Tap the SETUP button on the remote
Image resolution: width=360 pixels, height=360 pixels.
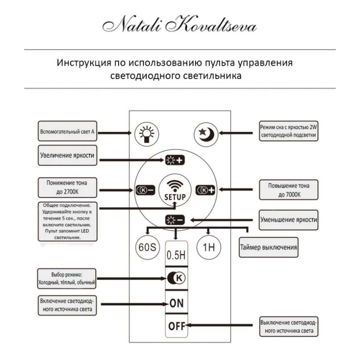175,190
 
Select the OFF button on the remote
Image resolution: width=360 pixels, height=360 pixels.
176,326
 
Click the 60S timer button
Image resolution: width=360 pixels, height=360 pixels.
146,247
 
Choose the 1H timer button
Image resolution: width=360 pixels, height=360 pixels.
209,247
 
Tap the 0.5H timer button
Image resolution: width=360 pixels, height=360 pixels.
176,255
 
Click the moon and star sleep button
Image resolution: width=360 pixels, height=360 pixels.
206,133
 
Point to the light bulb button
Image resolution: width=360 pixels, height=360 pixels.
146,133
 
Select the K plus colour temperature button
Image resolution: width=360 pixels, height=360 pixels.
205,190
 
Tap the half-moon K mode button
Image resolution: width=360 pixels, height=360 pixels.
176,278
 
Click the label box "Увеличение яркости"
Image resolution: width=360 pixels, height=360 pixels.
67,155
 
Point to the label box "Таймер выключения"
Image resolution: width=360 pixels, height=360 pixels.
268,247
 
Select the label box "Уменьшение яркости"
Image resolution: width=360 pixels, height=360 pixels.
288,220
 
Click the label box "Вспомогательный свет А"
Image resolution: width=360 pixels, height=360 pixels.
67,131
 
